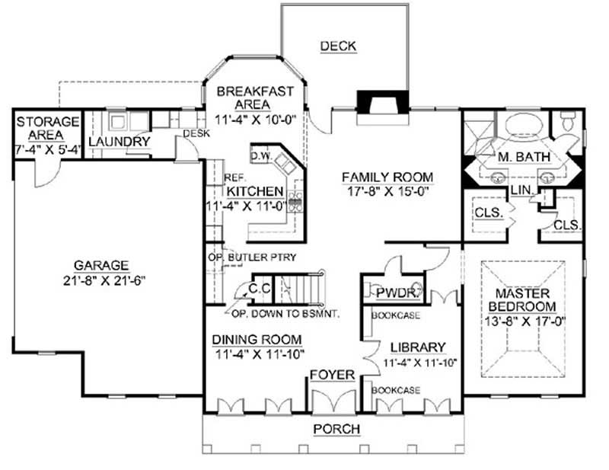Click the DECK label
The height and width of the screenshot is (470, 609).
point(338,46)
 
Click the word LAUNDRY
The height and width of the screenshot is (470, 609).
point(118,142)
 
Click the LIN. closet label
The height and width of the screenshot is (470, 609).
point(521,188)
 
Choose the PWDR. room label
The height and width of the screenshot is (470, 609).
point(392,292)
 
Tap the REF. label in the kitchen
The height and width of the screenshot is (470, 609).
point(234,177)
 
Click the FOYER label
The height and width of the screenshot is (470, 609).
point(331,374)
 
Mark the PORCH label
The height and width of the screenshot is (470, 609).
point(336,429)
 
